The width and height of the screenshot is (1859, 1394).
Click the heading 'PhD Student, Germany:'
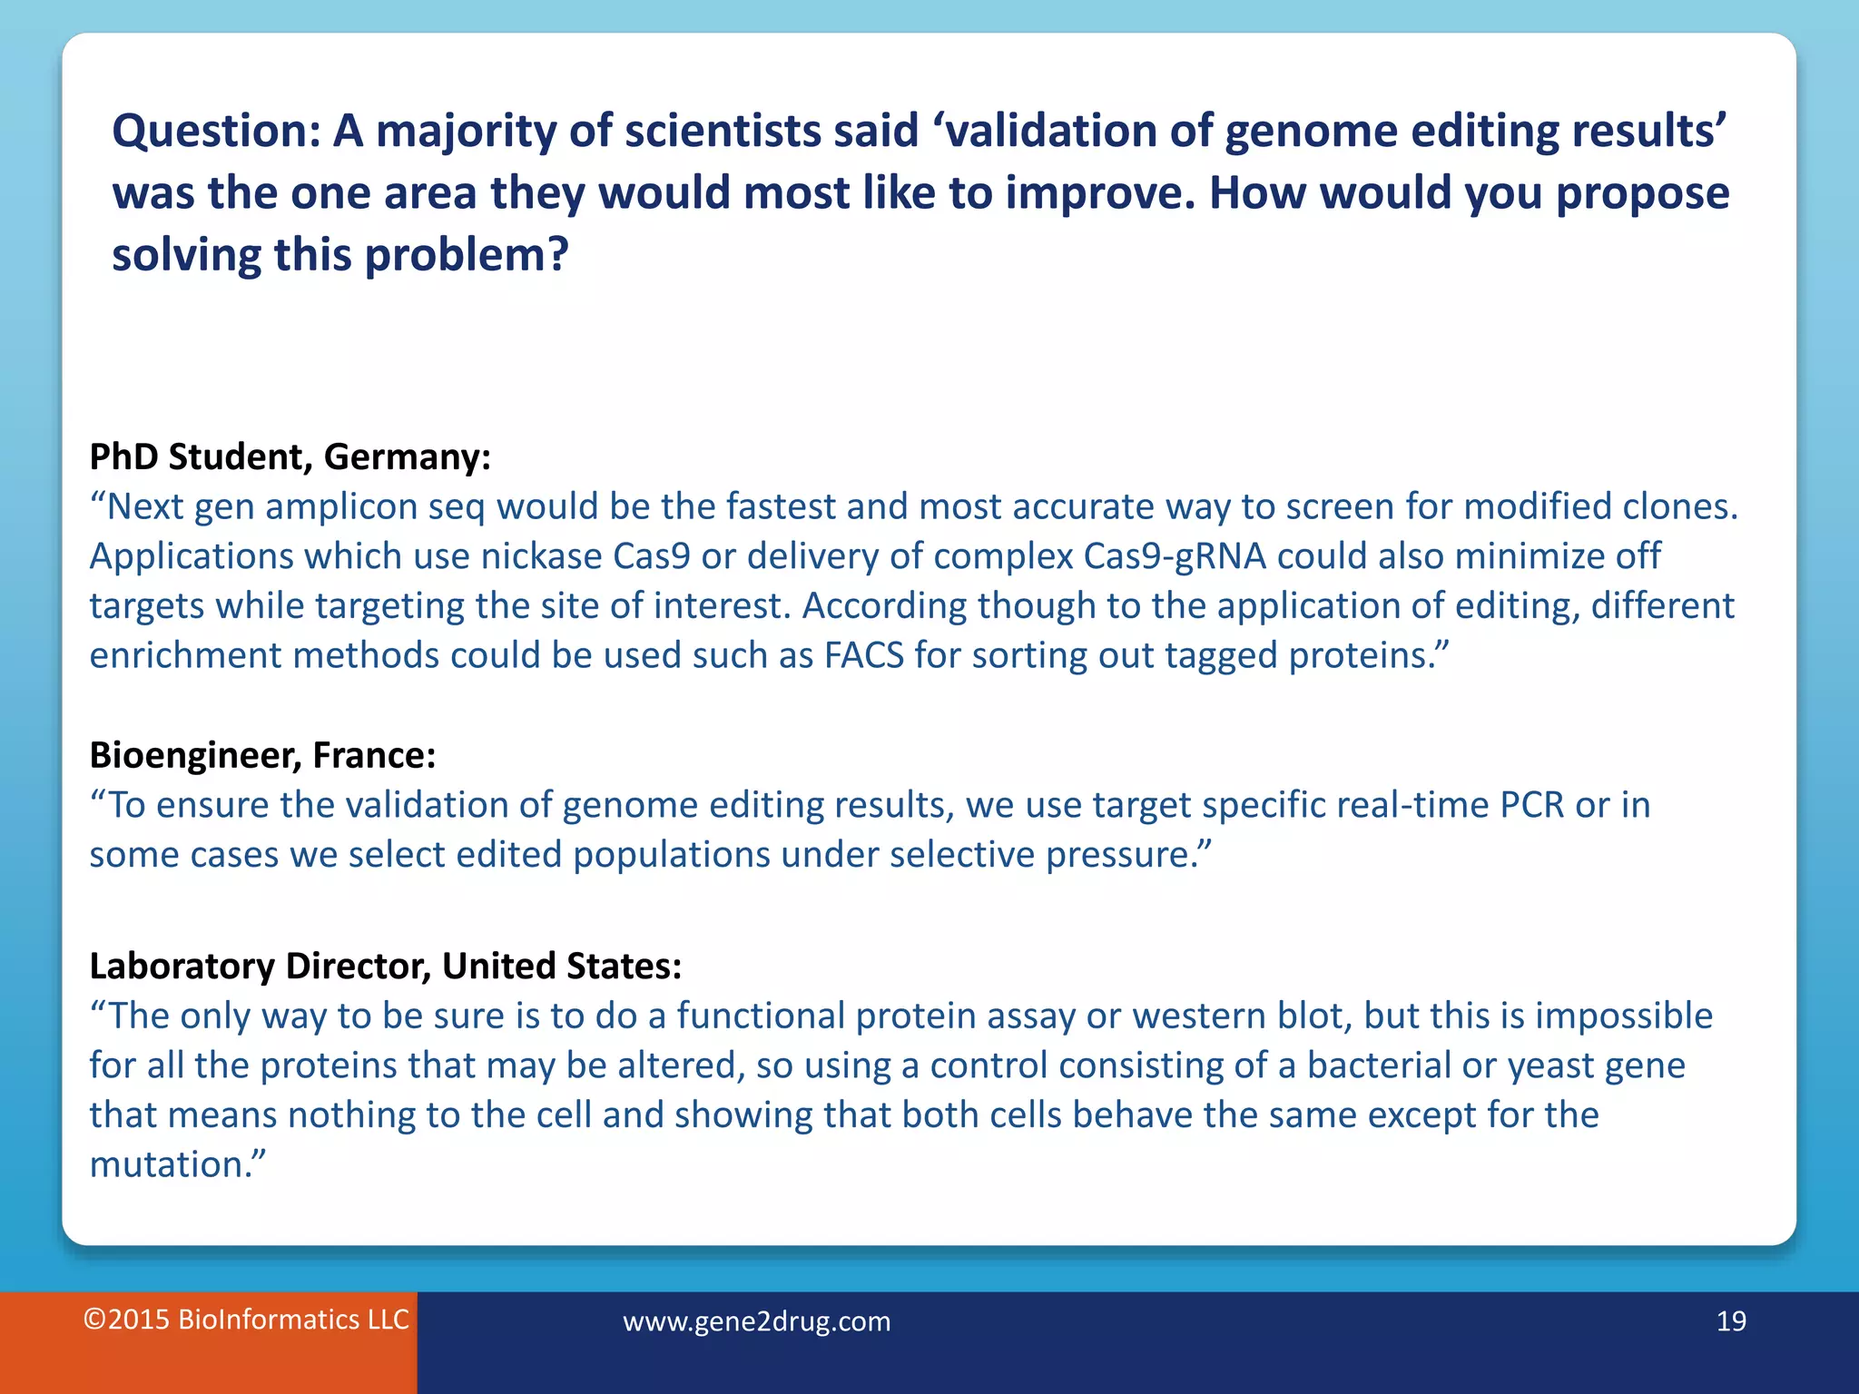290,456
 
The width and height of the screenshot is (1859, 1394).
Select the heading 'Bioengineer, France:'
262,755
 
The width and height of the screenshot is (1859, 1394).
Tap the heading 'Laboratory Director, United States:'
385,966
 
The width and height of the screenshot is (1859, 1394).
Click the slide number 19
1731,1320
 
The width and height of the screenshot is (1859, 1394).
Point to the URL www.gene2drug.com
756,1321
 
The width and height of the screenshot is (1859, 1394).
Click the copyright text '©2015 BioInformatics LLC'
246,1320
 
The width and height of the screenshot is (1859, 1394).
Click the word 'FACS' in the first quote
863,655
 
